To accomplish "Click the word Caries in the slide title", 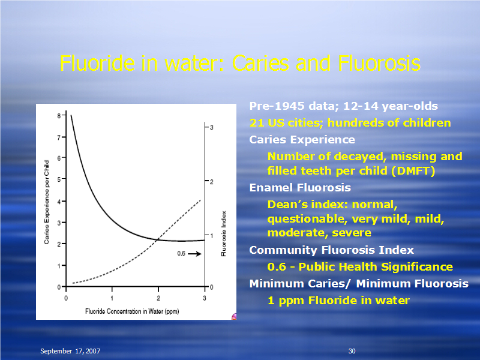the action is point(260,64).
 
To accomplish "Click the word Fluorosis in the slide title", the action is point(379,64).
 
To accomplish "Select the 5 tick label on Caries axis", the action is point(59,179).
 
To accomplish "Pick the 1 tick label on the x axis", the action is point(112,298).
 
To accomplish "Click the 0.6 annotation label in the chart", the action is point(181,253).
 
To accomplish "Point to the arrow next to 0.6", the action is point(194,254).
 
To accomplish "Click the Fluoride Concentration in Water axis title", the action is point(132,311).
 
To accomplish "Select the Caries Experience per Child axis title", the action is point(47,202).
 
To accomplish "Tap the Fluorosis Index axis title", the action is point(224,233).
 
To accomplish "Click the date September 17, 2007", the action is point(70,351).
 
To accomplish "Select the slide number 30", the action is point(352,351).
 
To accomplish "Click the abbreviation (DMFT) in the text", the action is point(413,171).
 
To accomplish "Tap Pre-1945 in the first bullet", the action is point(277,106).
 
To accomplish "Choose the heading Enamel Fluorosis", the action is point(300,187).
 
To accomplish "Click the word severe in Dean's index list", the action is point(352,233).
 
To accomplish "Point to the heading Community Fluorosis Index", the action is point(332,250).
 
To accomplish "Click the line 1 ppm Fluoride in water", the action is point(338,301).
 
